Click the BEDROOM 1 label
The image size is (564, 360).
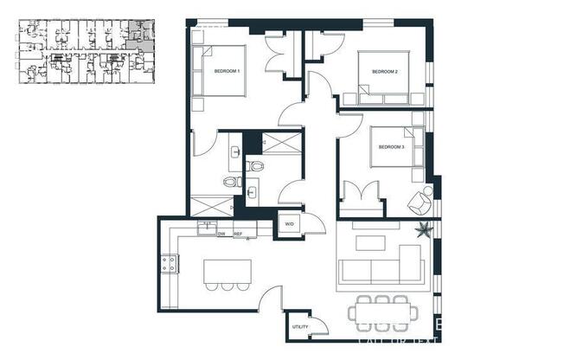pyautogui.click(x=227, y=71)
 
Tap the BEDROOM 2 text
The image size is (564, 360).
pyautogui.click(x=384, y=71)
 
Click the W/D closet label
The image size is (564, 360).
pyautogui.click(x=288, y=224)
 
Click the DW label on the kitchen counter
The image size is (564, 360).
pyautogui.click(x=221, y=234)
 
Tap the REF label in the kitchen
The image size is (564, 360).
pyautogui.click(x=237, y=234)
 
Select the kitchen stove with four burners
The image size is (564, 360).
pyautogui.click(x=168, y=264)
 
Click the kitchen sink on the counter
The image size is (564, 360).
pyautogui.click(x=206, y=227)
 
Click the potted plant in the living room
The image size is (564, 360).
pyautogui.click(x=424, y=230)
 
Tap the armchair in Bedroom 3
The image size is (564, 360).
pyautogui.click(x=420, y=202)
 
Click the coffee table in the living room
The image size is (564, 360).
pyautogui.click(x=370, y=242)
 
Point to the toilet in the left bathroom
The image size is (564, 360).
pyautogui.click(x=230, y=181)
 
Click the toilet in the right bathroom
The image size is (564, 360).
pyautogui.click(x=255, y=165)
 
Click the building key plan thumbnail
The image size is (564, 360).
pyautogui.click(x=86, y=52)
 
